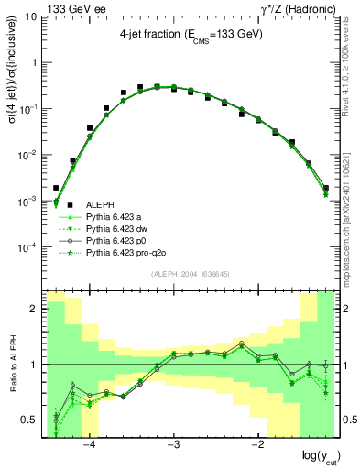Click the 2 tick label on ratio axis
[34, 309]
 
